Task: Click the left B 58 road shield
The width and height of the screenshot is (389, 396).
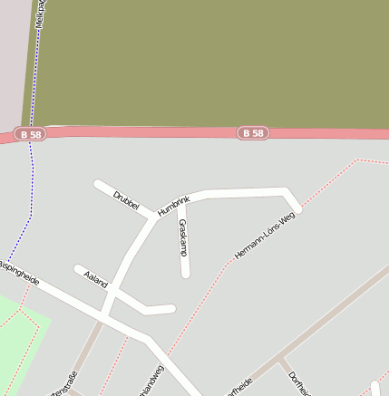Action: click(x=29, y=134)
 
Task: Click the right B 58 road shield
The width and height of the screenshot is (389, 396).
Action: click(x=254, y=133)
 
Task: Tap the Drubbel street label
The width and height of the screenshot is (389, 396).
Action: click(x=126, y=201)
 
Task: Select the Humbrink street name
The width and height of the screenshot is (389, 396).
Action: click(x=173, y=206)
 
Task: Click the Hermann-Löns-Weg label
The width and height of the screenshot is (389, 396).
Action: click(x=265, y=237)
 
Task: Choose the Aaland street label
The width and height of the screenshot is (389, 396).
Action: click(x=95, y=278)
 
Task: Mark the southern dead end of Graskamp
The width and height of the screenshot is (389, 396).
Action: click(x=185, y=272)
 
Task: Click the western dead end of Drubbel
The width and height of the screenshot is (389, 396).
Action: click(x=98, y=185)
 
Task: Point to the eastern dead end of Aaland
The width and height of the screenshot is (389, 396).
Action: click(x=170, y=309)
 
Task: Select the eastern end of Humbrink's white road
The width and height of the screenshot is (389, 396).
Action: click(x=297, y=208)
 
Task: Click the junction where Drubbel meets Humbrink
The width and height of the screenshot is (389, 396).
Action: click(x=151, y=215)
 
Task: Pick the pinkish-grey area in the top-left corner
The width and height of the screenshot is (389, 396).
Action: click(x=14, y=54)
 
